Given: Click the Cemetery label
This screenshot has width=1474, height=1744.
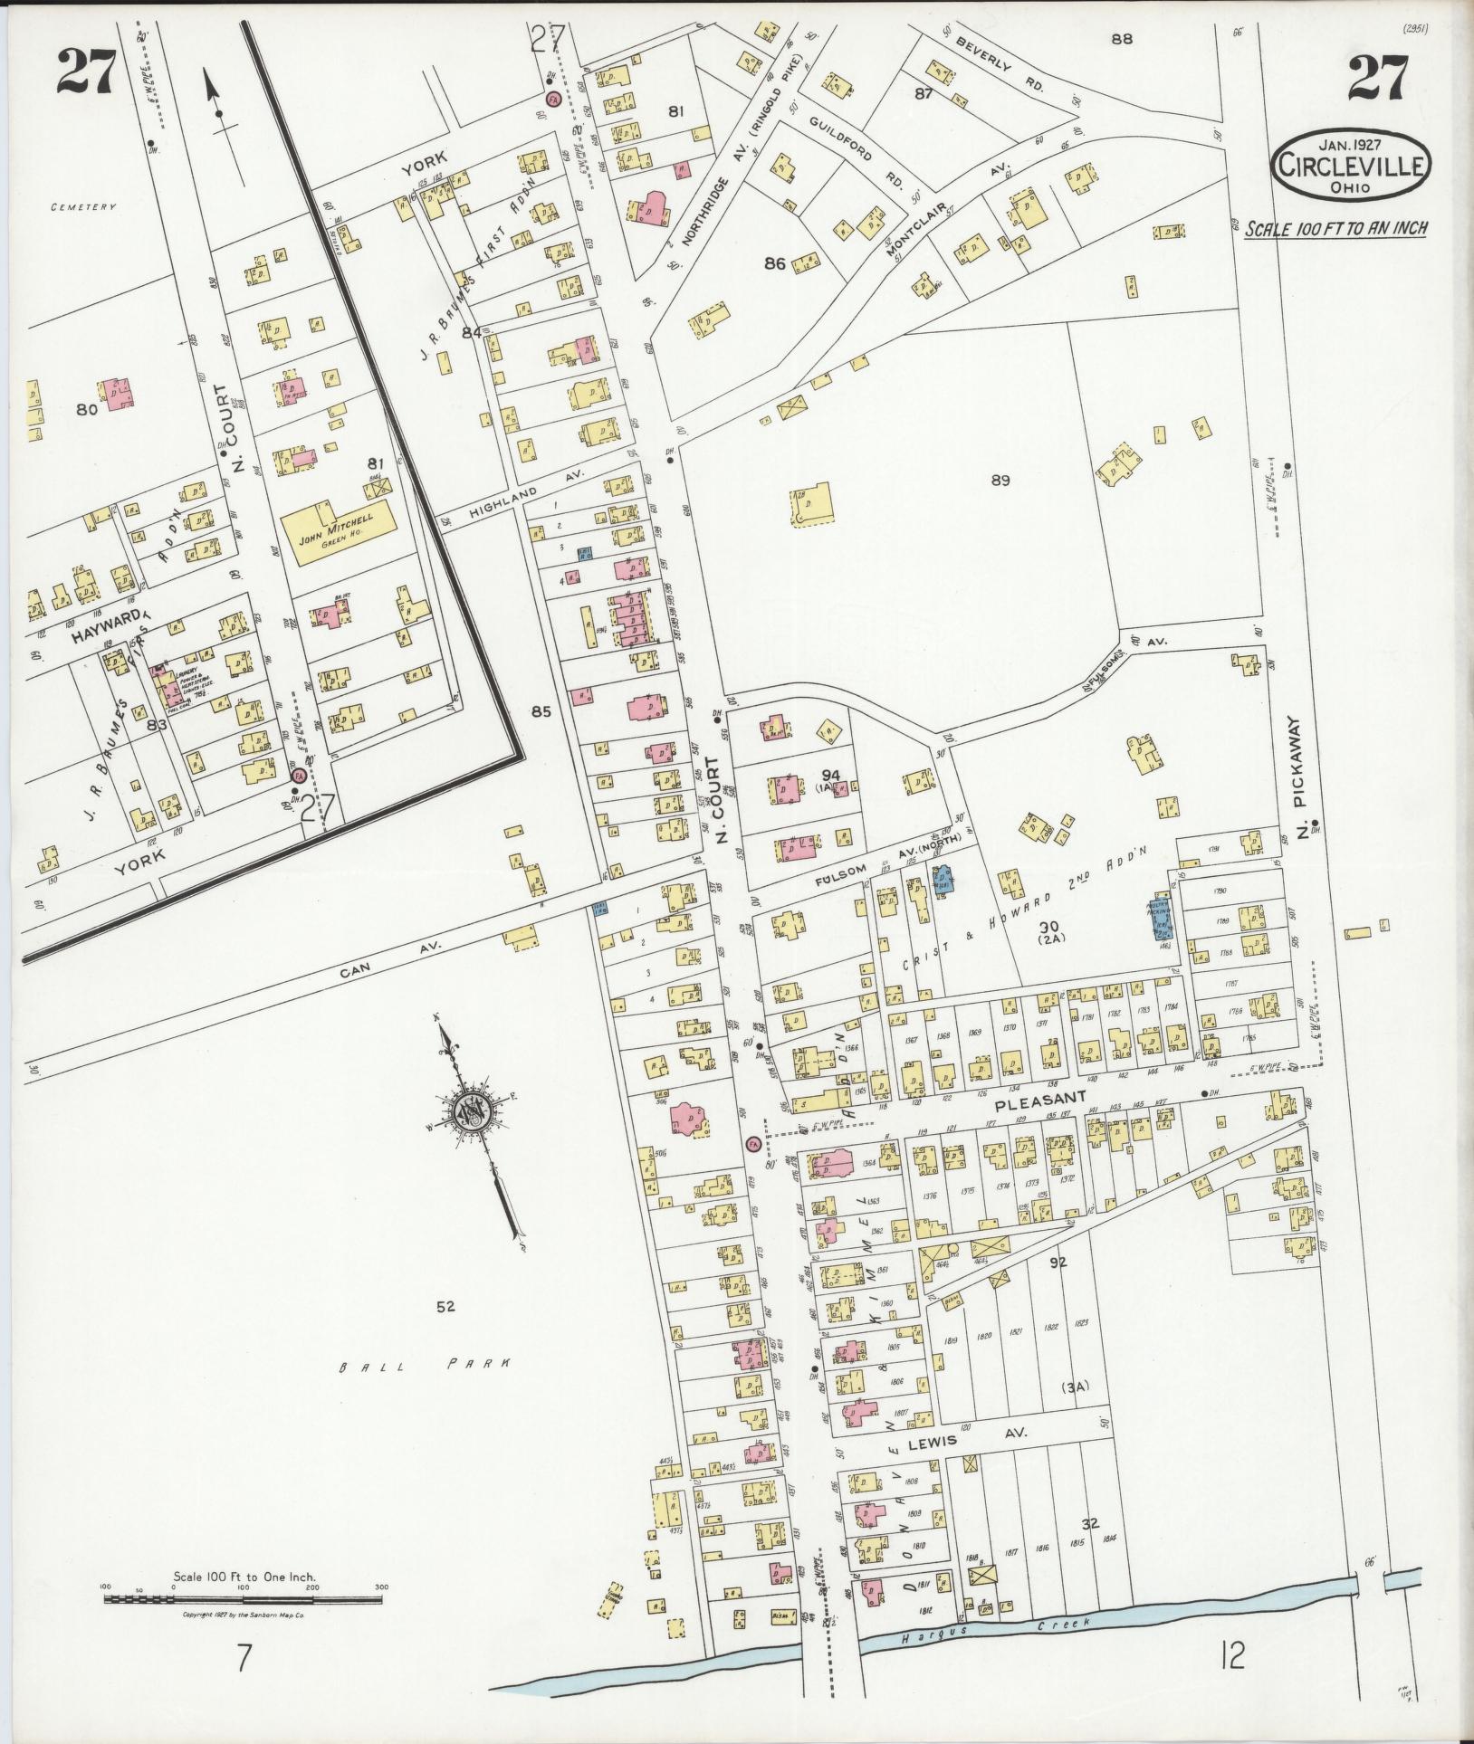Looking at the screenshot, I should (84, 206).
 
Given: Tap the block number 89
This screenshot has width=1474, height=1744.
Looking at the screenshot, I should (1000, 481).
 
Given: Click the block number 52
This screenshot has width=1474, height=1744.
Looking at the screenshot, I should (445, 1305).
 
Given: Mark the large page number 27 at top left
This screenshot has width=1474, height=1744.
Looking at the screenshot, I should (87, 72).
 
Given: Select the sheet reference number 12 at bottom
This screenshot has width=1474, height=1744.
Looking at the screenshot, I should (1232, 1682).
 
